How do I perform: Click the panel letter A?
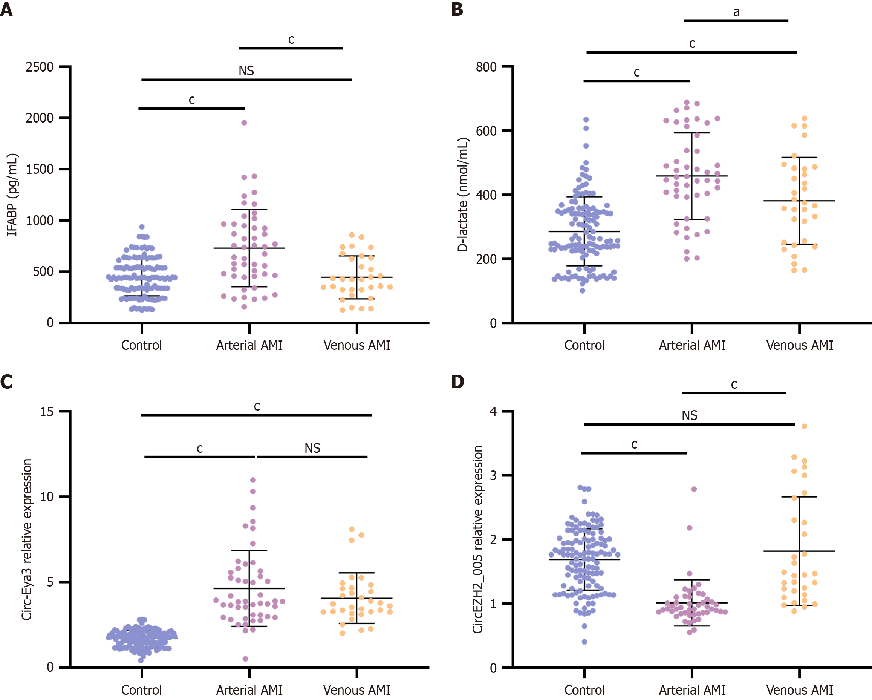(x=6, y=9)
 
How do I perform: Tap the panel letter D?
(x=457, y=381)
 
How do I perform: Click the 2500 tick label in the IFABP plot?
(x=40, y=67)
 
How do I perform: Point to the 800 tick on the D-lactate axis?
(x=486, y=67)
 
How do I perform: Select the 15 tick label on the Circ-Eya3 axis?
(x=47, y=412)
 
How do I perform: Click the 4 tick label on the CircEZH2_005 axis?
(x=493, y=412)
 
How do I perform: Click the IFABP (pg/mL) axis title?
(x=12, y=195)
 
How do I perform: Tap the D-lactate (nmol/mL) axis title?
(x=463, y=195)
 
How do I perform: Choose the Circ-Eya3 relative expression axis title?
(x=27, y=539)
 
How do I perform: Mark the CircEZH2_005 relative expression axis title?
(x=478, y=539)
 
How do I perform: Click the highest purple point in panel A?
(x=244, y=123)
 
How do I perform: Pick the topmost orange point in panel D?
(x=805, y=426)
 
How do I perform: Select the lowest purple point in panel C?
(x=245, y=659)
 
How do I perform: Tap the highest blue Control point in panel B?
(x=586, y=120)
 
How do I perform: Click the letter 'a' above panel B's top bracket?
(x=736, y=12)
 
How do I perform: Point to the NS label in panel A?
(x=246, y=71)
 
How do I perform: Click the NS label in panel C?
(x=312, y=448)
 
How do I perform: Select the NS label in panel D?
(x=690, y=415)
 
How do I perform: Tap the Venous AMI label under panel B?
(x=800, y=346)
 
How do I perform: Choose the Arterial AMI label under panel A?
(x=249, y=346)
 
